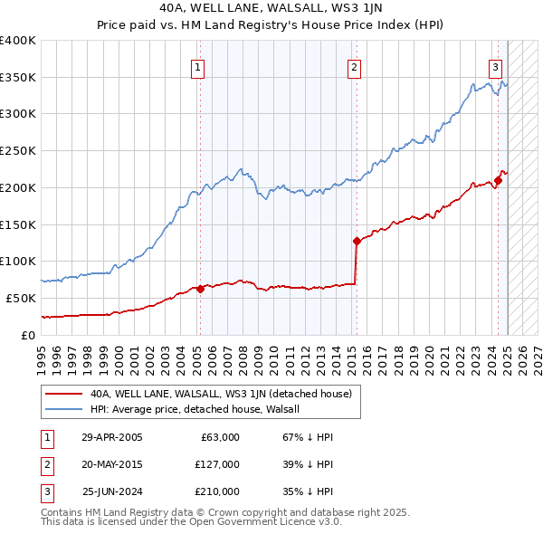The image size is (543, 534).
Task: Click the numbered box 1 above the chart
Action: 197,66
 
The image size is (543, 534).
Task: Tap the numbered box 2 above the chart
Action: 354,66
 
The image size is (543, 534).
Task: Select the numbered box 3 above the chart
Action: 496,66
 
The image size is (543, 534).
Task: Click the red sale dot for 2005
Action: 200,289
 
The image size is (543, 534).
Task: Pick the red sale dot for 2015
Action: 357,241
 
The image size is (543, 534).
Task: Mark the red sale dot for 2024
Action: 498,180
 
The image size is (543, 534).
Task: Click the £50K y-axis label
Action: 22,298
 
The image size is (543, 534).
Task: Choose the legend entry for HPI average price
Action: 200,409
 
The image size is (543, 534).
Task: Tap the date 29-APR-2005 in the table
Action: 111,437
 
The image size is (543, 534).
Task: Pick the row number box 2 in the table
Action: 46,464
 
